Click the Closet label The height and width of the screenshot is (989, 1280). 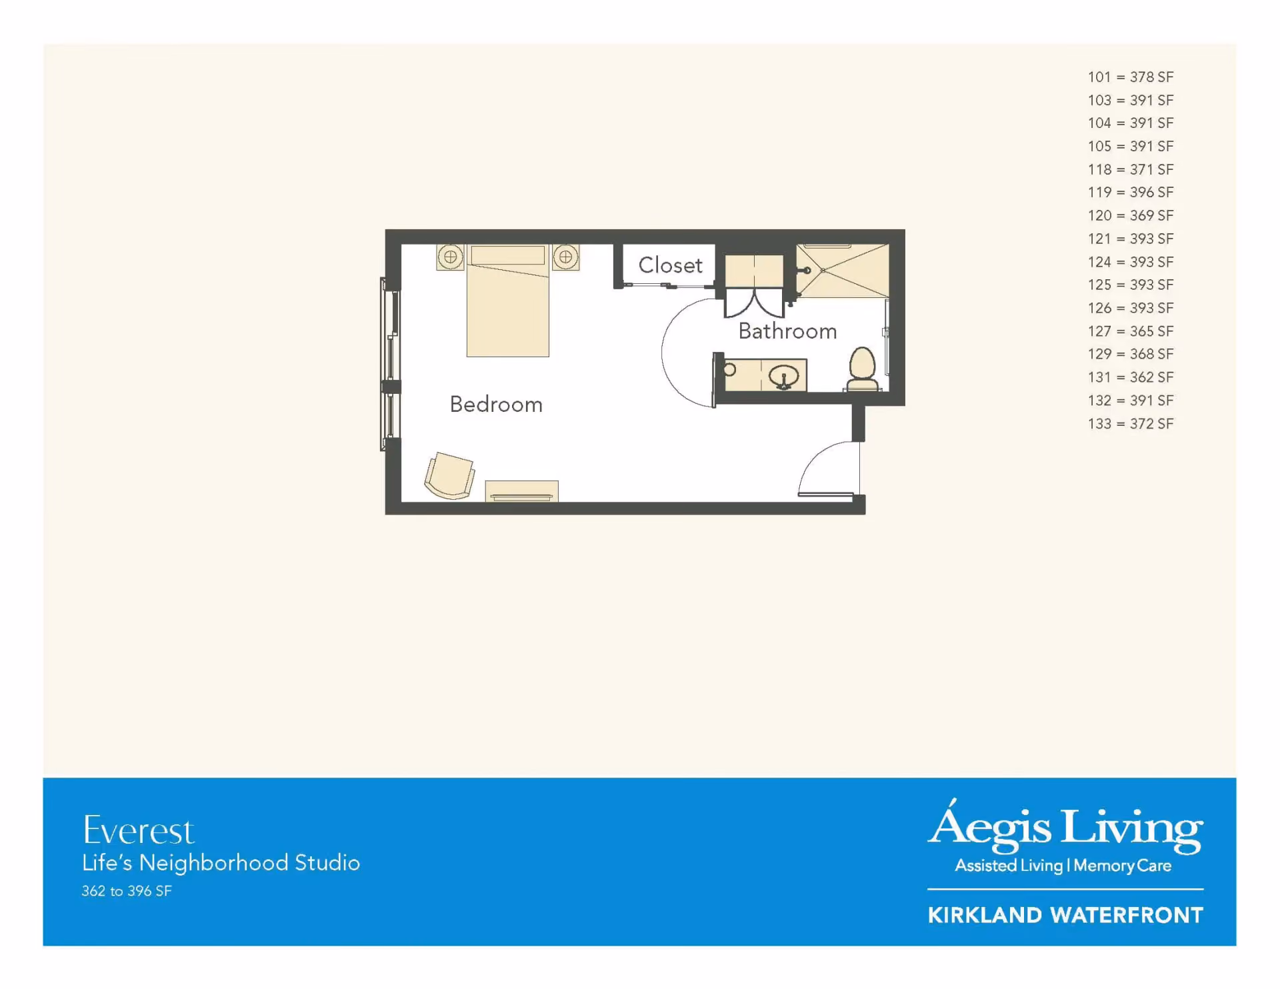[x=670, y=265]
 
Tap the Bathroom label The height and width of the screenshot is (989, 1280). [x=787, y=331]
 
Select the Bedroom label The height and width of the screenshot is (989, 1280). [x=496, y=404]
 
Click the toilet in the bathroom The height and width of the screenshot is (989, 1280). [x=862, y=369]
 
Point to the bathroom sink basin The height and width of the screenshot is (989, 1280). [x=784, y=377]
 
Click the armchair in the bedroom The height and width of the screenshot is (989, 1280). [x=450, y=475]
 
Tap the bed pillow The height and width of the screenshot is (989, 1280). [x=507, y=255]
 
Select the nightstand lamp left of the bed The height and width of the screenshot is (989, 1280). [x=451, y=257]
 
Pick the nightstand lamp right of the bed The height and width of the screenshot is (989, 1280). [x=565, y=257]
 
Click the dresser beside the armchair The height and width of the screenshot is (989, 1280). [x=522, y=491]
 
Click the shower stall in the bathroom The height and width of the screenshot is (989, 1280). [x=843, y=271]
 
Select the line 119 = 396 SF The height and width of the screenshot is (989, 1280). [x=1131, y=192]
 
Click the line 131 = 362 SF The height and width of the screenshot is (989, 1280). [x=1131, y=377]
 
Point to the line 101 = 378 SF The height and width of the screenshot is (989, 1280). [x=1131, y=77]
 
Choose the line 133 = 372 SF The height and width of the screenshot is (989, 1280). [x=1131, y=423]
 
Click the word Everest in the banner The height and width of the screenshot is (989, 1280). [x=139, y=830]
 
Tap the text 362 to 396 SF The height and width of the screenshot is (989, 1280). [x=127, y=891]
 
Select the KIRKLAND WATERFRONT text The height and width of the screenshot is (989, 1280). [x=1065, y=915]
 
